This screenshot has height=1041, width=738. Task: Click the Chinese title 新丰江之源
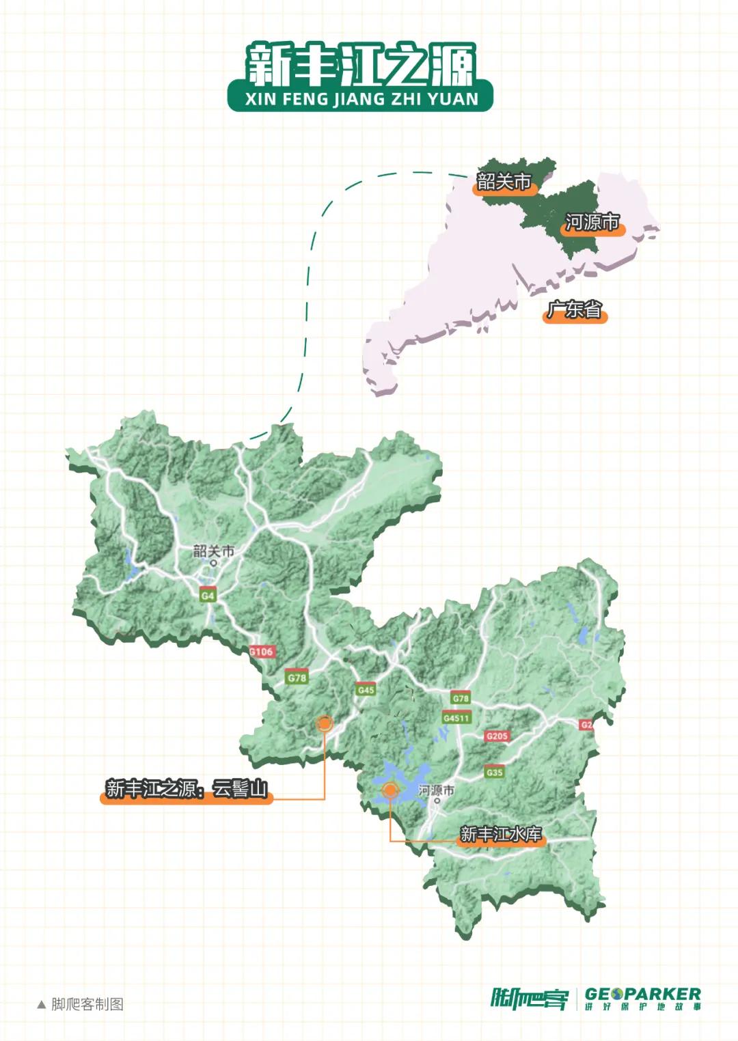tap(360, 64)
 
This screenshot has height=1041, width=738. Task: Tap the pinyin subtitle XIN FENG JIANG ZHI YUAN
tap(361, 100)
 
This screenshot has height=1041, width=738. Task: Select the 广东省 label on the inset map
tap(574, 310)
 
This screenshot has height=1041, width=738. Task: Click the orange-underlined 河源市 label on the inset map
tap(592, 223)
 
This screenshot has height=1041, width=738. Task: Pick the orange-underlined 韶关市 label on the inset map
tap(504, 182)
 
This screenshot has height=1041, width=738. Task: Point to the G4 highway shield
tap(208, 595)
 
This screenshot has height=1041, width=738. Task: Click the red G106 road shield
tap(261, 651)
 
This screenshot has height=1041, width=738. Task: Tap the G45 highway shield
tap(366, 689)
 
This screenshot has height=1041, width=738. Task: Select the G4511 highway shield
tap(456, 717)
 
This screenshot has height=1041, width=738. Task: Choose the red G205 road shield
tap(497, 736)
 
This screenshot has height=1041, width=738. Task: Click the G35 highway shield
tap(494, 772)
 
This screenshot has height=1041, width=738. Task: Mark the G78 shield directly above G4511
tap(461, 698)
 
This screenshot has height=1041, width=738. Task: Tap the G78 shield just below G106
tap(297, 678)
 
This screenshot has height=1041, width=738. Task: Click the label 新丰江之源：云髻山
tap(186, 789)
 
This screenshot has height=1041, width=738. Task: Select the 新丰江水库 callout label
tap(501, 834)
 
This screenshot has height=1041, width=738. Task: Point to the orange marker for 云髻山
tap(325, 723)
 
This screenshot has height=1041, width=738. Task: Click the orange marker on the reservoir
tap(389, 790)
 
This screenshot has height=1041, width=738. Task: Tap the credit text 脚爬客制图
tap(87, 1004)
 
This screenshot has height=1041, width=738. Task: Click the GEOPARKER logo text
tap(642, 994)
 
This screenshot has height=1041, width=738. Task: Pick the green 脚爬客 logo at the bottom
tap(529, 999)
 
